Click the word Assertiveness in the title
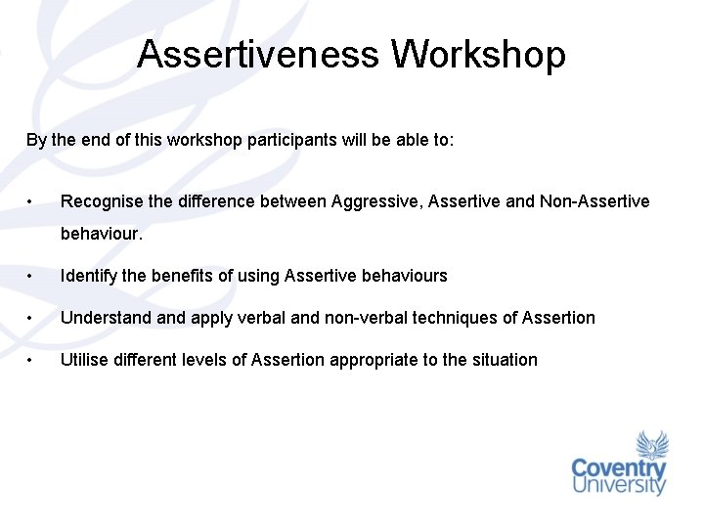point(259,55)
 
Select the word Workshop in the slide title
point(478,55)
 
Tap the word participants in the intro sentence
point(290,140)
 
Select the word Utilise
point(83,360)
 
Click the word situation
point(505,360)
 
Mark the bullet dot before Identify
point(32,277)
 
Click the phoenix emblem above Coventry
point(652,445)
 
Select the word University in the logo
point(619,486)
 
